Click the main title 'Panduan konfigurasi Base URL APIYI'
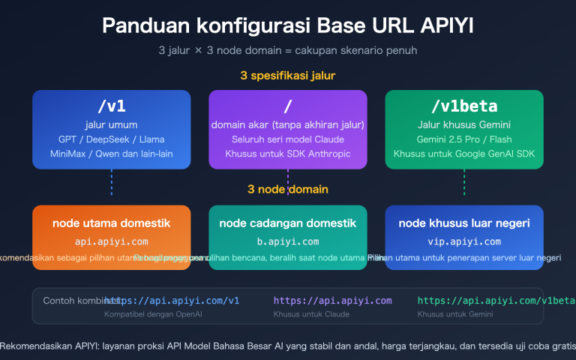click(288, 25)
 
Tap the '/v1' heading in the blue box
click(112, 106)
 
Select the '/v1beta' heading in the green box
click(463, 106)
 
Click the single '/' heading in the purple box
click(288, 106)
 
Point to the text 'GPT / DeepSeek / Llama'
click(112, 139)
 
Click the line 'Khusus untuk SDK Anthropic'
click(288, 154)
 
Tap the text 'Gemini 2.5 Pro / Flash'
click(463, 139)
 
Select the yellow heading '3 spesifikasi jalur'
click(288, 76)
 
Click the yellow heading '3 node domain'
click(288, 189)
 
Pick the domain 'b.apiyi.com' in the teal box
click(288, 241)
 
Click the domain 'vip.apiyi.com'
click(463, 241)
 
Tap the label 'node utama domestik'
click(112, 223)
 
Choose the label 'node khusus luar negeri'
click(463, 223)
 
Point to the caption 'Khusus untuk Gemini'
click(447, 314)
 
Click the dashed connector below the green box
click(463, 182)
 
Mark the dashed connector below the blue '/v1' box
click(112, 182)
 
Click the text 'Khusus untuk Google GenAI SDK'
click(463, 154)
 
